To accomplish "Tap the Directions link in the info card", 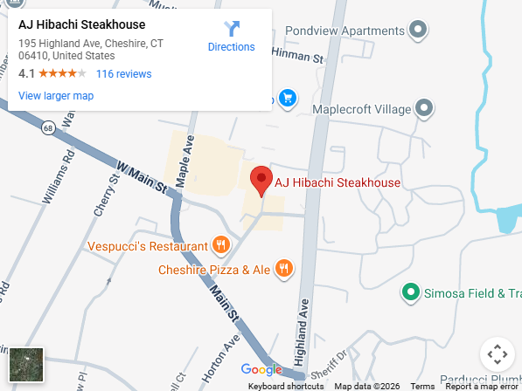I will click(x=232, y=37).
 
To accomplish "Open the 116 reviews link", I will click(x=123, y=74).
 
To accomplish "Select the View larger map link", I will click(x=56, y=96).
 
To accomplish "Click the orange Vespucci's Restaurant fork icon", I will click(x=221, y=246).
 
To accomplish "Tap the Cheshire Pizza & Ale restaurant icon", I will click(x=282, y=269).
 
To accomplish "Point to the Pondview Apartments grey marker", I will click(x=419, y=31).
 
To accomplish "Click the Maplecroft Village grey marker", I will click(x=424, y=109).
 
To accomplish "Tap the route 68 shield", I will click(x=47, y=128).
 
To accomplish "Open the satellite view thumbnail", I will click(x=26, y=365).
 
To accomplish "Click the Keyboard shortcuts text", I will click(x=286, y=386).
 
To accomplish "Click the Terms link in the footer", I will click(x=422, y=386).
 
